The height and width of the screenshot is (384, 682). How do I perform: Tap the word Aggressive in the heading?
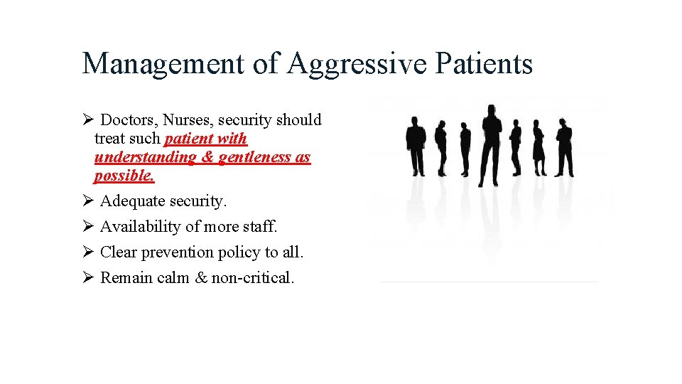357,64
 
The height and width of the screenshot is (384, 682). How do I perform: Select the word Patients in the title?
483,64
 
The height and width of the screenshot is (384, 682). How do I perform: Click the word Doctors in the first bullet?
129,120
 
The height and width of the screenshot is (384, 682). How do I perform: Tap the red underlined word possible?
124,176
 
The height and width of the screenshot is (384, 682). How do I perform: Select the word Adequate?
132,201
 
